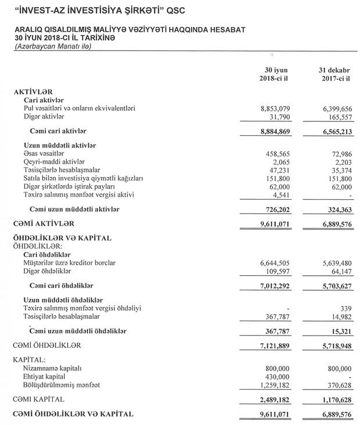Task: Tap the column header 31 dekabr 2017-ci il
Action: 335,74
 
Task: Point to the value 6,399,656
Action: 335,108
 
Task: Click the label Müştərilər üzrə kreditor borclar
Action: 70,263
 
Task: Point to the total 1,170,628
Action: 335,400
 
